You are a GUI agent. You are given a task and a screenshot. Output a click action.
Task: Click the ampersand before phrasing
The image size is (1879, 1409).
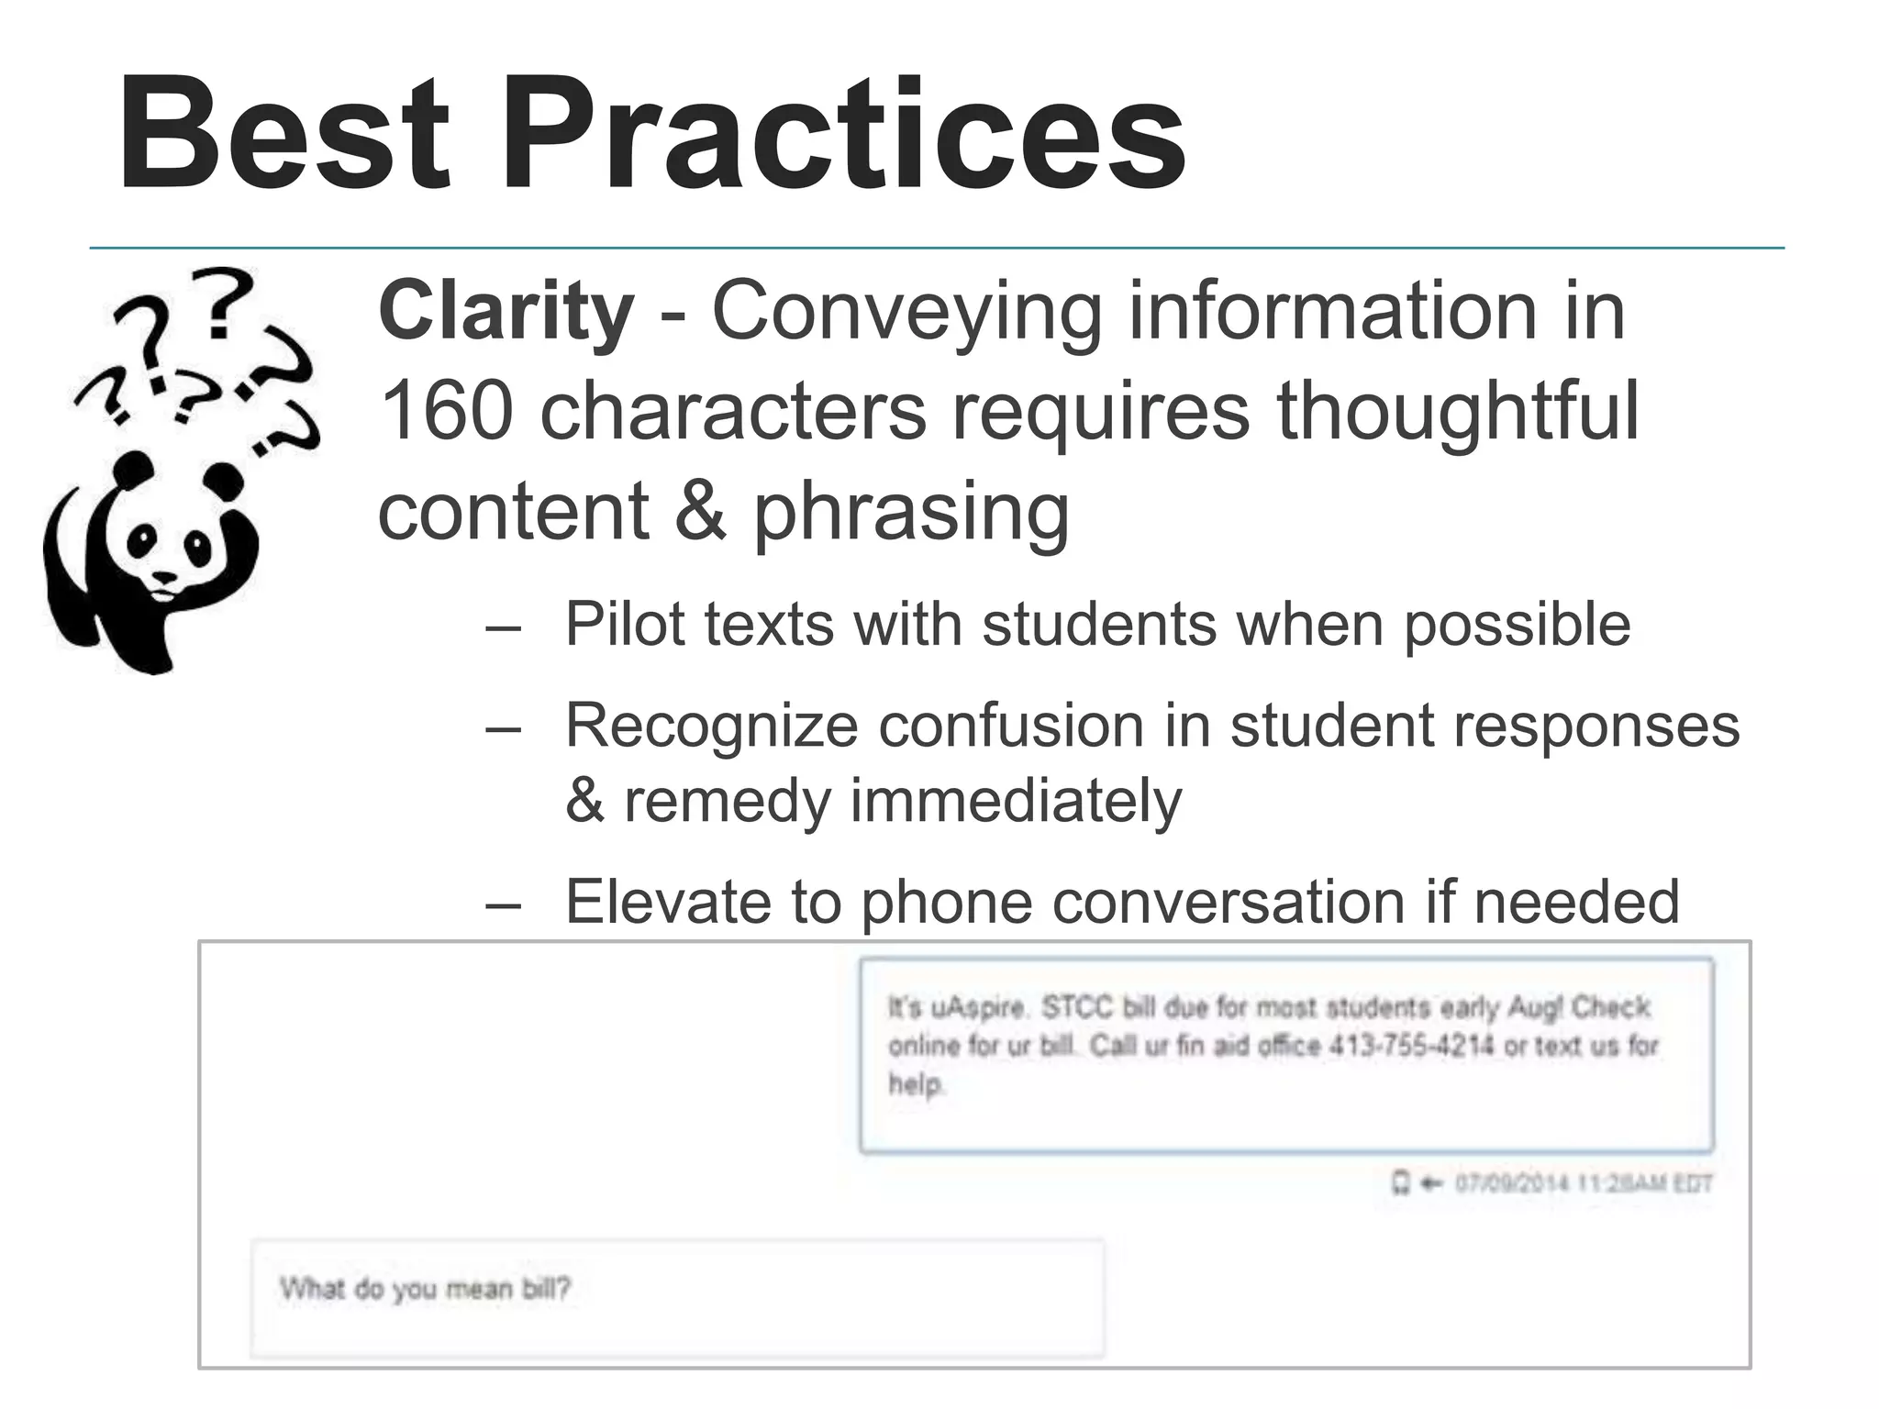pyautogui.click(x=700, y=511)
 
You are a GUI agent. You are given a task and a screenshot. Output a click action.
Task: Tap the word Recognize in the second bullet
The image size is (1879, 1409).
pyautogui.click(x=712, y=726)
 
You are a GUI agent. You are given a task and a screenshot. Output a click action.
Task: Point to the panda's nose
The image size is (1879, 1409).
pyautogui.click(x=165, y=578)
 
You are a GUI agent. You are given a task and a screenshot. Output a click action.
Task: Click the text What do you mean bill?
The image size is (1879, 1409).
pyautogui.click(x=425, y=1289)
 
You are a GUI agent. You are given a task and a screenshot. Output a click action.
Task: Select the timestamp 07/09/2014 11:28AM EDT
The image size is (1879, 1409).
pyautogui.click(x=1583, y=1183)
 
